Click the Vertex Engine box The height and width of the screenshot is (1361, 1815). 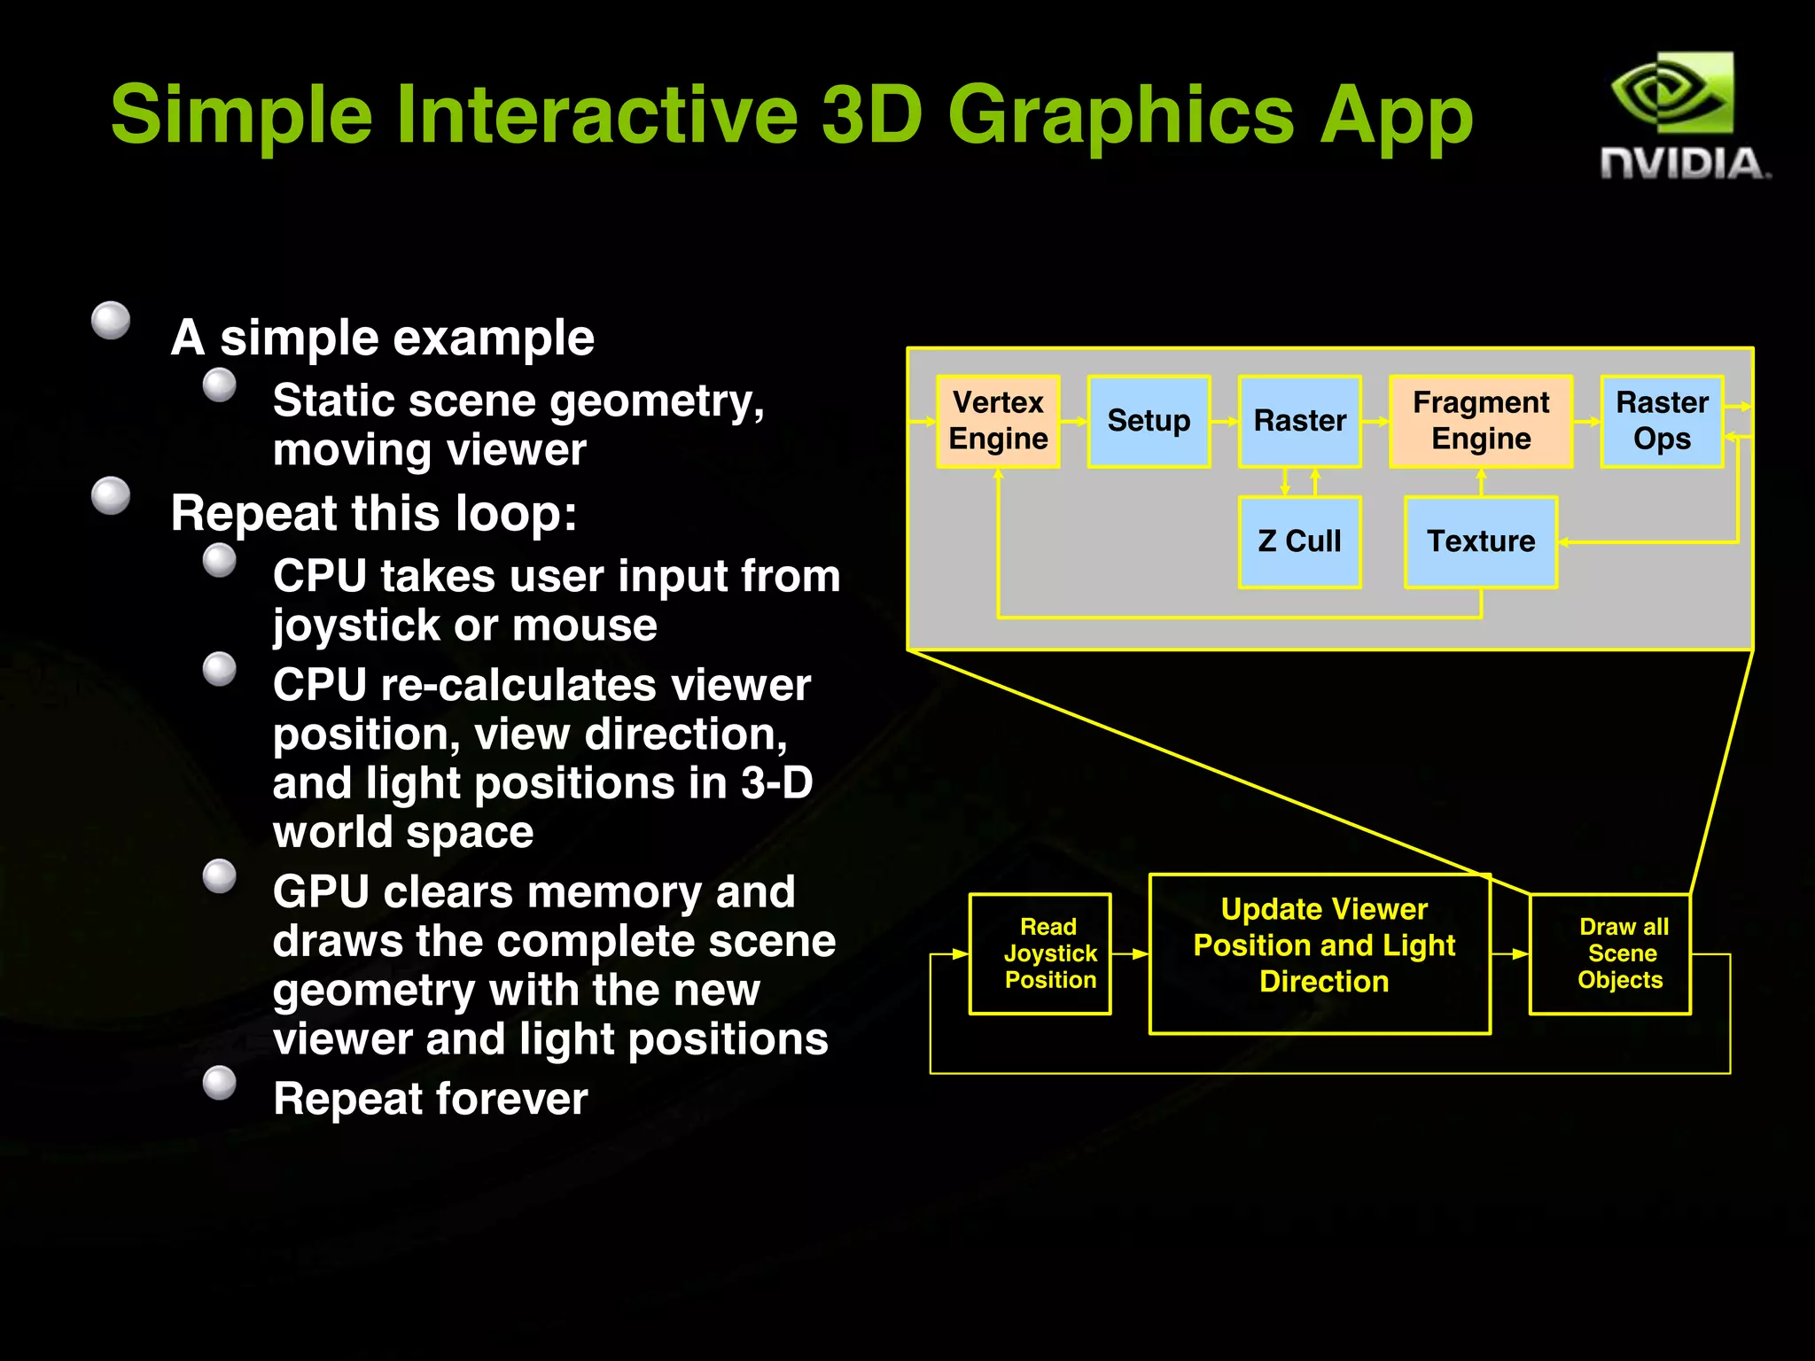[998, 421]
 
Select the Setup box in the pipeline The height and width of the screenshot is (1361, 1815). [1149, 421]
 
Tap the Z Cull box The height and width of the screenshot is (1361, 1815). [1299, 541]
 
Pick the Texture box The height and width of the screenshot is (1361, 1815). [1481, 541]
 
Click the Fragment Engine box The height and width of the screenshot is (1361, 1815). [1481, 421]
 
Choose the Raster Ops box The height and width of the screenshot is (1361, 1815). [1662, 421]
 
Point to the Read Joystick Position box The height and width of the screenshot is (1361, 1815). [1040, 953]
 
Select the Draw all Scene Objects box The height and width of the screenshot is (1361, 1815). [1610, 953]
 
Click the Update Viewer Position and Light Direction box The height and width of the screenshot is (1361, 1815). [1320, 953]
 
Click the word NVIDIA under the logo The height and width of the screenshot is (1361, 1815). [1683, 165]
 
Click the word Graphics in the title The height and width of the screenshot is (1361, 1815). [1121, 116]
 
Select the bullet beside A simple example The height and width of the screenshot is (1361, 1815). [111, 320]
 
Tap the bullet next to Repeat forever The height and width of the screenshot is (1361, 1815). [220, 1082]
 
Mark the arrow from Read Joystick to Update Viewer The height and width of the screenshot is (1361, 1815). [1130, 954]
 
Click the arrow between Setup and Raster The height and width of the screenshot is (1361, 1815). [1225, 422]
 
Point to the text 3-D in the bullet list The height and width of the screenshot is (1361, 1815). [776, 783]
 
